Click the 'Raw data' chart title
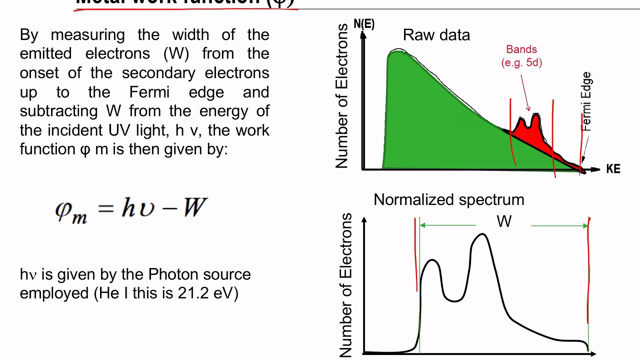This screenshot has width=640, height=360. point(436,35)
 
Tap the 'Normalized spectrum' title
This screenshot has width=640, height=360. point(448,199)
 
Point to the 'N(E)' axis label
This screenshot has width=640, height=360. point(364,23)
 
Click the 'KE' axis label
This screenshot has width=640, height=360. point(613,169)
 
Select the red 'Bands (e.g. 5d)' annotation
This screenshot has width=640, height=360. point(521,55)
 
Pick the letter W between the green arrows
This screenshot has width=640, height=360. point(504,221)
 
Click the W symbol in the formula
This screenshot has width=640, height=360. point(195,206)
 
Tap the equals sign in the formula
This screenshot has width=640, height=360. point(106,206)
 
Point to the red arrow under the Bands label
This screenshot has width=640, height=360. point(525,90)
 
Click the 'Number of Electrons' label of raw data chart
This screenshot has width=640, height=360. point(341,96)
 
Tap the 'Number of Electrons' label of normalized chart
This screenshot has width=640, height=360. point(346,285)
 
